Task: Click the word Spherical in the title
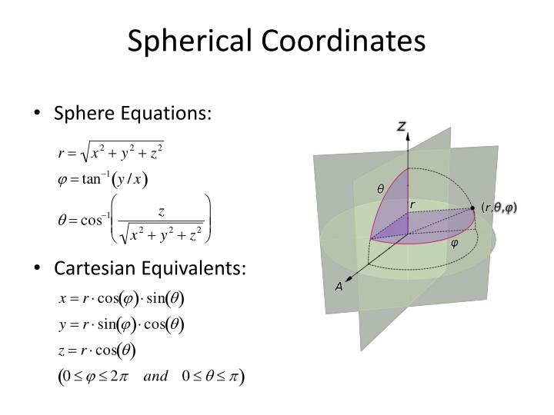pos(179,41)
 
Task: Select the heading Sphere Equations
pos(132,114)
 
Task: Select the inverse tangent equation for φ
pos(103,181)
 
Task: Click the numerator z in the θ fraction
pos(162,209)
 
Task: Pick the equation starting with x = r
pos(122,297)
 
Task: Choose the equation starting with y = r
pos(122,324)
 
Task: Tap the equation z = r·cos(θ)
pos(98,351)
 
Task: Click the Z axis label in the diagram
pos(401,126)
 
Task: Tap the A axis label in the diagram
pos(338,286)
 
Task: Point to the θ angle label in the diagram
pos(379,189)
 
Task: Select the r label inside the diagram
pos(412,204)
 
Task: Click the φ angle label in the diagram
pos(454,244)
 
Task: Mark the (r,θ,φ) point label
pos(499,207)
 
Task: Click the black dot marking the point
pos(473,207)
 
